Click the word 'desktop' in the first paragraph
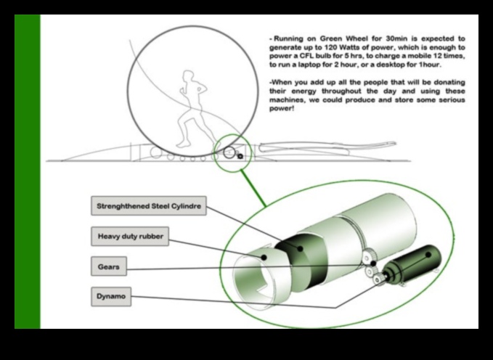(x=412, y=64)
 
